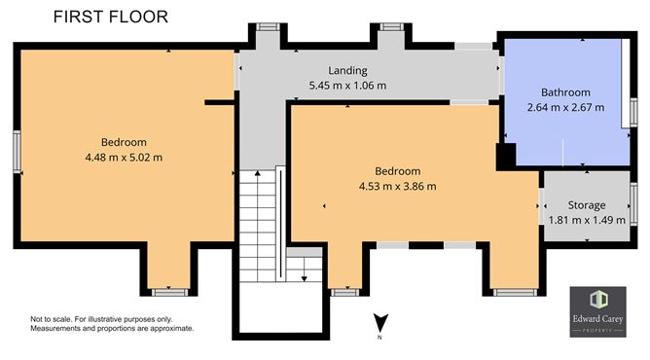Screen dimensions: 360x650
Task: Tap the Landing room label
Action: (x=347, y=70)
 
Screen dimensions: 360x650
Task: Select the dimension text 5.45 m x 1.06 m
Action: (x=347, y=86)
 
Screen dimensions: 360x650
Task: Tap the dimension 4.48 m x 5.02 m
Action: (x=123, y=157)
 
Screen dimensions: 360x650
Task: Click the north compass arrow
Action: (x=382, y=322)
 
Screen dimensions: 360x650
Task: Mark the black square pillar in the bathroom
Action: (x=504, y=156)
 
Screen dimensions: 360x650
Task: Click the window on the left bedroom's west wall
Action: (x=17, y=152)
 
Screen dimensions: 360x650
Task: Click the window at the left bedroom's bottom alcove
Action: (x=170, y=290)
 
